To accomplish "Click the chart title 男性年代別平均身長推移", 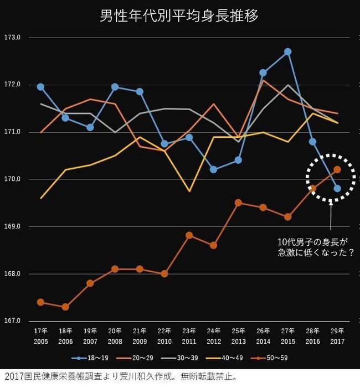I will coord(179,15).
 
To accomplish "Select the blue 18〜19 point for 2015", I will coord(287,51).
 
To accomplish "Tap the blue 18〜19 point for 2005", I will coord(40,87).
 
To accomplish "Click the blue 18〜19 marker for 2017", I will coord(337,189).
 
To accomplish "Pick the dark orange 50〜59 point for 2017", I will coord(337,169).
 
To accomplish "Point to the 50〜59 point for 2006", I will coord(65,307).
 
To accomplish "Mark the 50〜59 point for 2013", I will coord(238,203).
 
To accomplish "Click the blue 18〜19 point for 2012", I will coord(213,169).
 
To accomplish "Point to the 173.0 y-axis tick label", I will coord(12,38).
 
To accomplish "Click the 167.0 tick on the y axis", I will coord(12,321).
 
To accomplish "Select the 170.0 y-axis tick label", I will coord(12,179).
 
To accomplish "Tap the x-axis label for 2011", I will coord(189,336).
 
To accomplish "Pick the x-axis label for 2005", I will coord(40,336).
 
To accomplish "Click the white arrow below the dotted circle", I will coord(331,216).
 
